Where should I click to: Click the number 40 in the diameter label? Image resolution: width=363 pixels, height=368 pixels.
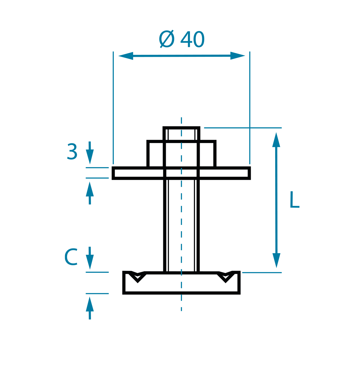pos(192,39)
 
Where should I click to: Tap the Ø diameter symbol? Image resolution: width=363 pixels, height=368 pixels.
pos(167,39)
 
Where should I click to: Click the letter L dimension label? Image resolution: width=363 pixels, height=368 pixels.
pos(295,200)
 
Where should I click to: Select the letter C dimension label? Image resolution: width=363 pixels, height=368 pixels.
pos(71,257)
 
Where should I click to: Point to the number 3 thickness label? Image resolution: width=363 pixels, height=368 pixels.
pos(72,151)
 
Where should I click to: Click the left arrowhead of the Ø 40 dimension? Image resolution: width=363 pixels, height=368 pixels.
pos(126,56)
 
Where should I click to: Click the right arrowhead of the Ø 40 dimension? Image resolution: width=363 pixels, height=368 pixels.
pos(238,56)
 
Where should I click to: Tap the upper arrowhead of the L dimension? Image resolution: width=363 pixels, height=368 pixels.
pos(276,140)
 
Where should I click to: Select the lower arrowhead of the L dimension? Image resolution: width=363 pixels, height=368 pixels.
pos(276,260)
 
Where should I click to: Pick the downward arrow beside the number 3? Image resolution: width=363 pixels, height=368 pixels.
pos(90,153)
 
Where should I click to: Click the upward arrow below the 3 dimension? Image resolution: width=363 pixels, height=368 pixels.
pos(90,193)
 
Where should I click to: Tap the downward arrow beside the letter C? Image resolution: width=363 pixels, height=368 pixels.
pos(90,258)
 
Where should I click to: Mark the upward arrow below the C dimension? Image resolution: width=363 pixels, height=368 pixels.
pos(90,308)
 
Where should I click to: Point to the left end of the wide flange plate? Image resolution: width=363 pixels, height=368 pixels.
pos(113,173)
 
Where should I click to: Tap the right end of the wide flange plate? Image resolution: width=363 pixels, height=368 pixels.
pos(250,173)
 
